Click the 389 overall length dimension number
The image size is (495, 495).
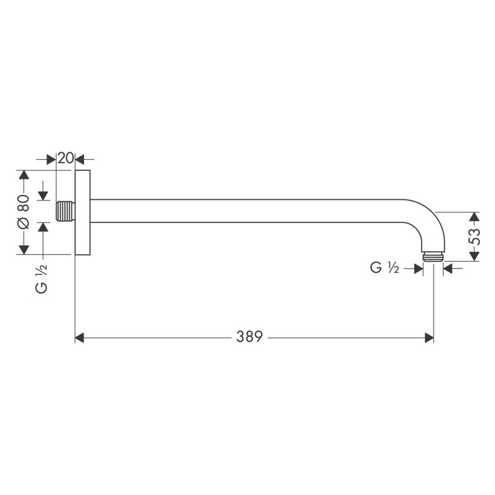[249, 337]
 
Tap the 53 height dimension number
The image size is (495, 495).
[474, 237]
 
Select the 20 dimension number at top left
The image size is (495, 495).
[66, 158]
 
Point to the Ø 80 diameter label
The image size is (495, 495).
[24, 212]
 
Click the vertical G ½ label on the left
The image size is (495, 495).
[42, 278]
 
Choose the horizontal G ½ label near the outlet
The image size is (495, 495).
[384, 268]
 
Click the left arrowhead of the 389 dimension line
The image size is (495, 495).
[79, 337]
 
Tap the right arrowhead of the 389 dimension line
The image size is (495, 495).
[429, 337]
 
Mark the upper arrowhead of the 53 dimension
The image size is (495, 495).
[474, 217]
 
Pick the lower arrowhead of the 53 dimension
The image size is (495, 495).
[474, 256]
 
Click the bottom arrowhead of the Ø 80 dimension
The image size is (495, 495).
[24, 249]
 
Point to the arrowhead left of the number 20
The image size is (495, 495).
[52, 158]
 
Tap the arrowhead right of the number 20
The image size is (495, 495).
[79, 158]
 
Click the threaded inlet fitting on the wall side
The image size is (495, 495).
[64, 211]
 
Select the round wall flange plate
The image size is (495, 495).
[82, 212]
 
